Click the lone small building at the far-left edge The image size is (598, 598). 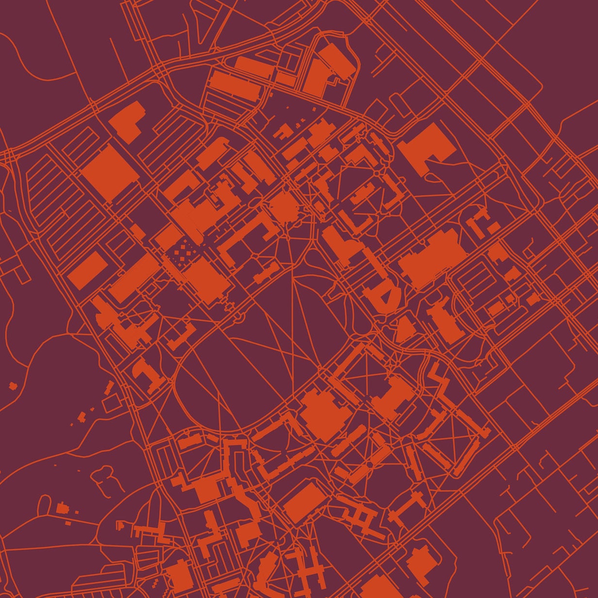pyautogui.click(x=13, y=386)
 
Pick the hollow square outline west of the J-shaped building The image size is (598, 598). pyautogui.click(x=112, y=403)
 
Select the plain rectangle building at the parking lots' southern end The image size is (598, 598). pyautogui.click(x=88, y=270)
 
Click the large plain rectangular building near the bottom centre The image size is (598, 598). pyautogui.click(x=304, y=502)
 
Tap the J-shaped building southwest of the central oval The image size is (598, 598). pyautogui.click(x=148, y=374)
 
